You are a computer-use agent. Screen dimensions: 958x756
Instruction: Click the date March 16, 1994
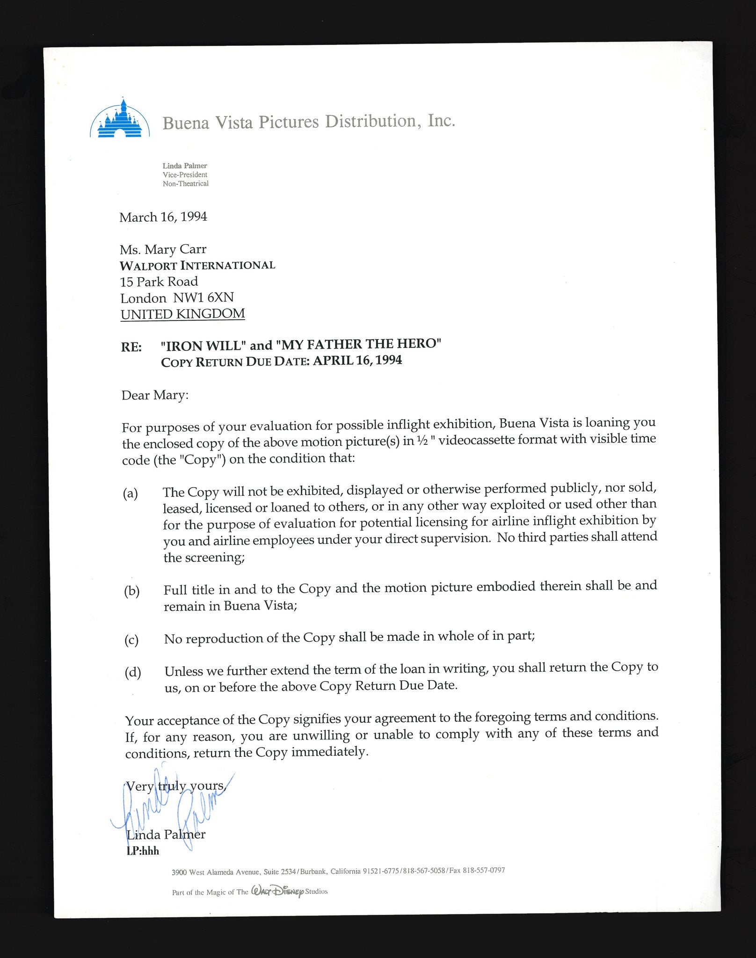point(163,217)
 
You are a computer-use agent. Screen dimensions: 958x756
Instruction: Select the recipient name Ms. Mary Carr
point(163,249)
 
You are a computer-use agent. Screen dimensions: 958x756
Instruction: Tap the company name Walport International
point(197,266)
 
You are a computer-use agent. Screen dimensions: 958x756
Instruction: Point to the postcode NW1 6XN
point(204,298)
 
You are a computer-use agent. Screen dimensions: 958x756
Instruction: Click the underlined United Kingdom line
point(182,314)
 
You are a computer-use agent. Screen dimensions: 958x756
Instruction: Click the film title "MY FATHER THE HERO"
point(358,344)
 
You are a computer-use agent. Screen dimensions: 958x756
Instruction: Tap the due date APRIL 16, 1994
point(357,360)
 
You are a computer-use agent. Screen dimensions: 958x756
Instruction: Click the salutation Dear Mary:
point(155,395)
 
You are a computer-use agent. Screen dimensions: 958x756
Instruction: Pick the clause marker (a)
point(131,494)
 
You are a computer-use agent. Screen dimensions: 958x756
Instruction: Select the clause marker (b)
point(132,591)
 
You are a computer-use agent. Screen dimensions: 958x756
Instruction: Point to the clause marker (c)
point(132,640)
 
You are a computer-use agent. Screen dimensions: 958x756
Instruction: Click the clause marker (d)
point(132,673)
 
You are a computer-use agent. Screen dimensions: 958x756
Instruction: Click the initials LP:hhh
point(143,851)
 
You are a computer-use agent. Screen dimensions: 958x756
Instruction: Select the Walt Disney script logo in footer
point(277,891)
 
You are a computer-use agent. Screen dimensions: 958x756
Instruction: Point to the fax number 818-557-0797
point(484,871)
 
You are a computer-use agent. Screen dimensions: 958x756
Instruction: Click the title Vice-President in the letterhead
point(185,174)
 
